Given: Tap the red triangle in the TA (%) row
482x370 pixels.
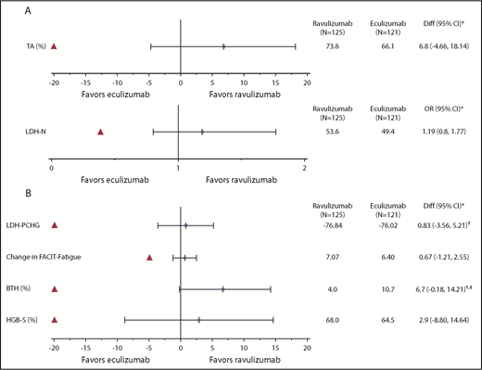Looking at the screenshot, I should click(55, 46).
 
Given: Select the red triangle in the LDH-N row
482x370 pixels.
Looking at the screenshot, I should click(100, 132).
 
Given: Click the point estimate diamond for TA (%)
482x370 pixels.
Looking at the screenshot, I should click(223, 46).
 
